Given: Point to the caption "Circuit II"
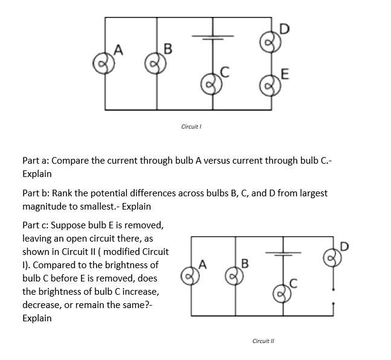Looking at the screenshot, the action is pos(265,341).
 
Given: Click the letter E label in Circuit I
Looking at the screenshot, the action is pos(285,74).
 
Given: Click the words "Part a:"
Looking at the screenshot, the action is pos(37,161).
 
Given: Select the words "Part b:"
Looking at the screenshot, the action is pos(37,193).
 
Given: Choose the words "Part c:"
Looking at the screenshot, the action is pos(36,225).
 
